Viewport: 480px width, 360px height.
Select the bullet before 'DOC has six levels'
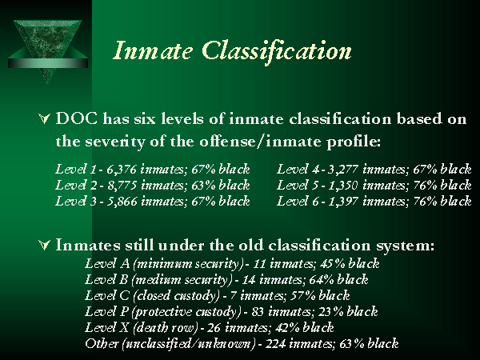(x=44, y=118)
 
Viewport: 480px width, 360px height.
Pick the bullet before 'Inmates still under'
(x=44, y=243)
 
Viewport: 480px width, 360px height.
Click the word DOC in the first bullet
(x=78, y=118)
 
